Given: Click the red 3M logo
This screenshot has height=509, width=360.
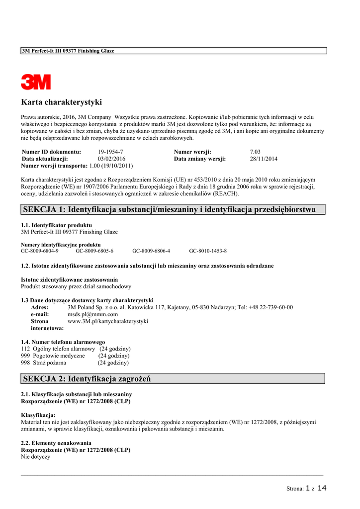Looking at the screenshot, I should pyautogui.click(x=36, y=82).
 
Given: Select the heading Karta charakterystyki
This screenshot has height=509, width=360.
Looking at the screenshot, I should pyautogui.click(x=61, y=102).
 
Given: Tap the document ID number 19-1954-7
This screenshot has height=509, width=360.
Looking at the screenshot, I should pyautogui.click(x=110, y=152).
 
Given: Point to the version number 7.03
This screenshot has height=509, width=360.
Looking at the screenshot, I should pyautogui.click(x=255, y=152).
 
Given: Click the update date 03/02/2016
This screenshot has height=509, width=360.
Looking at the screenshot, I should pyautogui.click(x=112, y=159).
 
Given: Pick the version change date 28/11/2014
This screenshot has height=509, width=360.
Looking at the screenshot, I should pyautogui.click(x=264, y=159).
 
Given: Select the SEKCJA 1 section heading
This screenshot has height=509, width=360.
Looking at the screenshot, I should pyautogui.click(x=169, y=209).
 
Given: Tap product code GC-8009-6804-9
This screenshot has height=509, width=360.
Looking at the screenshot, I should pyautogui.click(x=39, y=251).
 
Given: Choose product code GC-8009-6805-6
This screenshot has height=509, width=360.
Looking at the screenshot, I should pyautogui.click(x=94, y=251).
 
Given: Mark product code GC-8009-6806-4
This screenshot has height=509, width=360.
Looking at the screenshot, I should pyautogui.click(x=151, y=251).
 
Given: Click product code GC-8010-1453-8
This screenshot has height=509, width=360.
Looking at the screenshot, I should pyautogui.click(x=208, y=251).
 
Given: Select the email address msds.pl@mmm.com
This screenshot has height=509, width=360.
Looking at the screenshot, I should pyautogui.click(x=92, y=314).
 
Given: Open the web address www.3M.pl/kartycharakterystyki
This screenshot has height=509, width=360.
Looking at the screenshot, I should pyautogui.click(x=108, y=321).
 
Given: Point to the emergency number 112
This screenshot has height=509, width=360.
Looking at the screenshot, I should pyautogui.click(x=25, y=349).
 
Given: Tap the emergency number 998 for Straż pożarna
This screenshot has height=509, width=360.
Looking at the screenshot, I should pyautogui.click(x=25, y=363).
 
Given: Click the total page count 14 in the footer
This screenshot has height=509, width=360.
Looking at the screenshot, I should pyautogui.click(x=322, y=488).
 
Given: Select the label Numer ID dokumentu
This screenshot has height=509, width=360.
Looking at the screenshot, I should pyautogui.click(x=52, y=152).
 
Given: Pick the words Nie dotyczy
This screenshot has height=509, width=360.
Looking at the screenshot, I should pyautogui.click(x=35, y=457).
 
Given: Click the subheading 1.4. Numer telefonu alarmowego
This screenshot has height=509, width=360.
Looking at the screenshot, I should pyautogui.click(x=63, y=342).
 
